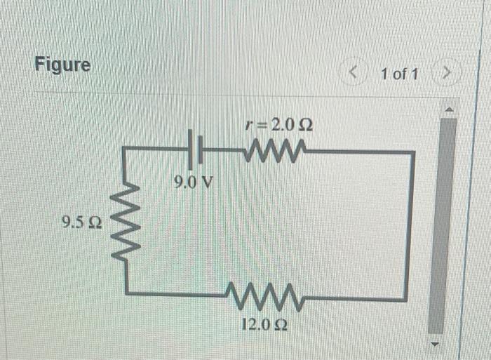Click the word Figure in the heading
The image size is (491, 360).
coord(62,65)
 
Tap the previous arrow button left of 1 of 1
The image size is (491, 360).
coord(354,72)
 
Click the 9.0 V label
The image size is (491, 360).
coord(194,183)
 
